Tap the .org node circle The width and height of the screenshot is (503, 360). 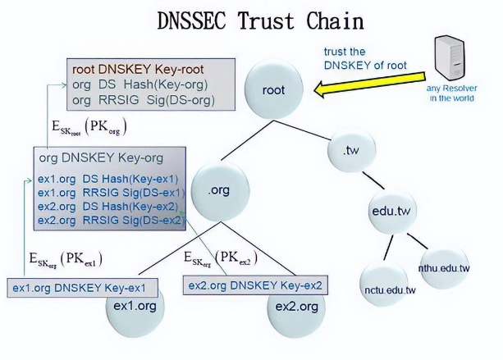coord(218,190)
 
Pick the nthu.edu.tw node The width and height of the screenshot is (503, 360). coord(443,267)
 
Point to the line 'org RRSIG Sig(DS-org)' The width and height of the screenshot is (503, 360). coord(143,100)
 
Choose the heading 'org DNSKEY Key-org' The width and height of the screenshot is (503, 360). coord(101,157)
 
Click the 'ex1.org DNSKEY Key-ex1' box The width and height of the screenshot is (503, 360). coord(79,289)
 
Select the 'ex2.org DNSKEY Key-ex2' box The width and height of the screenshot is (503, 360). coord(255,285)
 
